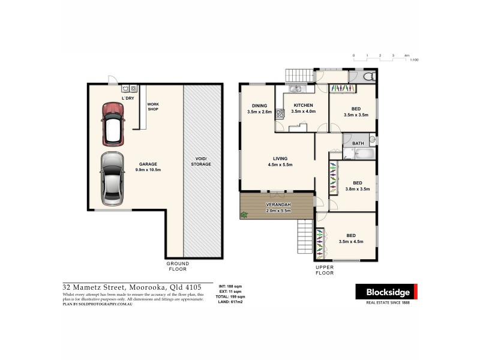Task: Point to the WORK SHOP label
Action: (153, 107)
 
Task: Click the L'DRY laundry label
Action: (128, 98)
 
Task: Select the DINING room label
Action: (259, 109)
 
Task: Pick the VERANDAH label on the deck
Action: (278, 208)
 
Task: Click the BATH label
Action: (358, 143)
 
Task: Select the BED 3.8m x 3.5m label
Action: (357, 186)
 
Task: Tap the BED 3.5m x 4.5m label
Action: (352, 239)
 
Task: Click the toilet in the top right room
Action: (370, 77)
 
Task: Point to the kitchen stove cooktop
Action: (280, 112)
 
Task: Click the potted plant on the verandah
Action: (244, 214)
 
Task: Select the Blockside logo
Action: (386, 293)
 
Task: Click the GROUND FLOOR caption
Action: (178, 266)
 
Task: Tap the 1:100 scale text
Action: (414, 61)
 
